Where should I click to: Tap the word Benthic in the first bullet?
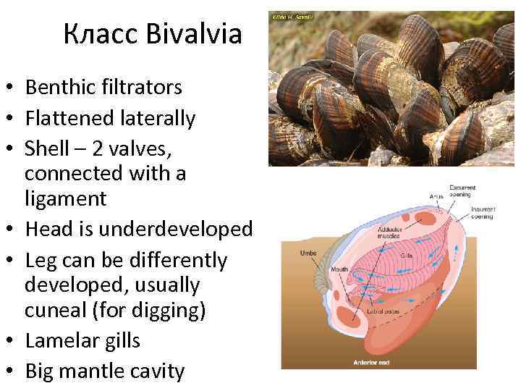[58, 88]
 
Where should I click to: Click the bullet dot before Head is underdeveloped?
[10, 230]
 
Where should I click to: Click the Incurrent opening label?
[482, 213]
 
